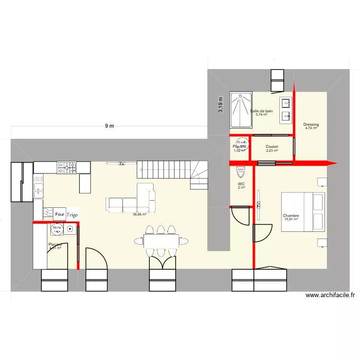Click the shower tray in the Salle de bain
241,110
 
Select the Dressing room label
311,125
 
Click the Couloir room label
272,146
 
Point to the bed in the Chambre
303,212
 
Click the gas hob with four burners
67,168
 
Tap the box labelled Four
60,215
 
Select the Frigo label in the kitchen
72,215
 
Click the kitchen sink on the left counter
38,187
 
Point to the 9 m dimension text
109,126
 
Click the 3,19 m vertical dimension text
220,105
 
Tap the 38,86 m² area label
139,215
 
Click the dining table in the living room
161,240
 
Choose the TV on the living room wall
122,164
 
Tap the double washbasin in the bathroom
286,108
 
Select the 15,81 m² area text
291,220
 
